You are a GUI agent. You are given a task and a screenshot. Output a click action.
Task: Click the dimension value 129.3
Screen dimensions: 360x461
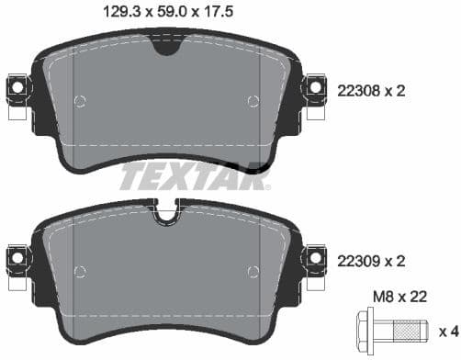[x=125, y=13]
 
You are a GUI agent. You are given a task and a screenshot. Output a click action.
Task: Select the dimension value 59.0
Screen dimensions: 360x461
[x=178, y=13]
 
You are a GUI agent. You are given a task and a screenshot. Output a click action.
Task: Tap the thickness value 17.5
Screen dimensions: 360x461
[x=230, y=13]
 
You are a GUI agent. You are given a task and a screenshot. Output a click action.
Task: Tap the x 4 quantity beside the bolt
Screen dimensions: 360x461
[x=446, y=330]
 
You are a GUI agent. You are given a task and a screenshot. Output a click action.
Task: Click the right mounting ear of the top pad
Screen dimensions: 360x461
[x=314, y=87]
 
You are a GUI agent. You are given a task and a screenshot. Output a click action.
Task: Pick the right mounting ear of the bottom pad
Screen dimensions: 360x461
[x=314, y=260]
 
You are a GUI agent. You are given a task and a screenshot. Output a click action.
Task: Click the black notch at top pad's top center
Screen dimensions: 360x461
[x=166, y=45]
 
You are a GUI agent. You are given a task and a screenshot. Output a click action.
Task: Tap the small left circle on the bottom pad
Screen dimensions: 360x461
[x=79, y=270]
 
